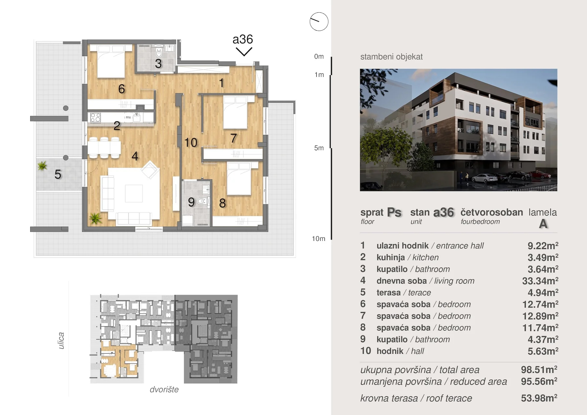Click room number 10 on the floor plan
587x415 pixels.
[x=191, y=142]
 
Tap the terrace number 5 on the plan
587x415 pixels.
[x=58, y=174]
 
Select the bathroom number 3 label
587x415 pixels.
[x=158, y=64]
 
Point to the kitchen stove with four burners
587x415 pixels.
[x=95, y=117]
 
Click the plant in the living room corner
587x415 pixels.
[x=95, y=218]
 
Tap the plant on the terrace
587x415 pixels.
[x=42, y=166]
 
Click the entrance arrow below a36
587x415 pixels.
[x=244, y=52]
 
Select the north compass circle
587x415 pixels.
[x=319, y=22]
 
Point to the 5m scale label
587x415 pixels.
[x=319, y=148]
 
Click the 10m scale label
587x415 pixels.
[x=319, y=239]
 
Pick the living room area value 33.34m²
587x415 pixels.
[x=540, y=281]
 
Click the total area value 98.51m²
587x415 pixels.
[x=539, y=370]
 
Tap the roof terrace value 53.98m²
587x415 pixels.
[x=539, y=398]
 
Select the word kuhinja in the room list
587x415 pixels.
[x=391, y=258]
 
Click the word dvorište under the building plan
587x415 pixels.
[x=164, y=390]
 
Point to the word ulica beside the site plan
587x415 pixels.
[x=61, y=341]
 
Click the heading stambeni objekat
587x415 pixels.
[x=391, y=57]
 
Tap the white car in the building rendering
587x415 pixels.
[x=485, y=178]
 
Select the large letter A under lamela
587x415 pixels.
[x=543, y=224]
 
